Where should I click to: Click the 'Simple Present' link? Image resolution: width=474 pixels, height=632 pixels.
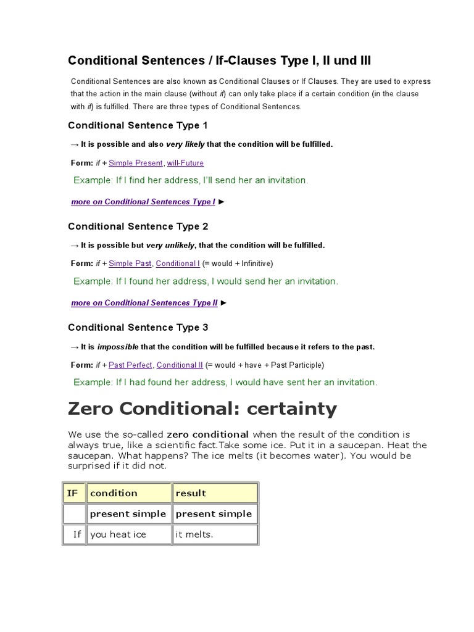click(136, 163)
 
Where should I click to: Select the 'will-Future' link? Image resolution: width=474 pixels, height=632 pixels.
click(185, 163)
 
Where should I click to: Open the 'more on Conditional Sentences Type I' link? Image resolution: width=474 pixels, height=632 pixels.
click(143, 202)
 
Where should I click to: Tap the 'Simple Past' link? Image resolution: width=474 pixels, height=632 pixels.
click(130, 264)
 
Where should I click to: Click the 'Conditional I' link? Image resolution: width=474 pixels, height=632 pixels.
click(178, 264)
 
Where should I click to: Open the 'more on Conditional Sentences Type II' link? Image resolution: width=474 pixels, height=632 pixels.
click(144, 303)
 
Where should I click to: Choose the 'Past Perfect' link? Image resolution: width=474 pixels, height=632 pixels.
click(130, 365)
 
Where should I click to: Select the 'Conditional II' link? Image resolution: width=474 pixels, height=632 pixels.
click(180, 365)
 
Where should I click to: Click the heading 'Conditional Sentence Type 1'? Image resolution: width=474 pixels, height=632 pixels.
click(138, 126)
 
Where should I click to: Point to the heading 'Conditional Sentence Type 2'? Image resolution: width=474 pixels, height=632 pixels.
click(138, 227)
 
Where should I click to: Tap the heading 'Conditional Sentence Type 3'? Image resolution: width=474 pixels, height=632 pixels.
click(138, 328)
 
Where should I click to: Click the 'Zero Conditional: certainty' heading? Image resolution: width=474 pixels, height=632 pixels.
click(202, 409)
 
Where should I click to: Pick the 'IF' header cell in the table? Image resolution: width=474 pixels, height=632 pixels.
click(73, 493)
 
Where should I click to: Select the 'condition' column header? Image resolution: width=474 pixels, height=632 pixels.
click(114, 493)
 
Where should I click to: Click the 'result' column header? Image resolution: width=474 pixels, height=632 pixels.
click(191, 493)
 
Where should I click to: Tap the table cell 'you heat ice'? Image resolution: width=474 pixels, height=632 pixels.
click(118, 534)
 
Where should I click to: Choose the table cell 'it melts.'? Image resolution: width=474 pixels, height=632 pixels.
click(194, 534)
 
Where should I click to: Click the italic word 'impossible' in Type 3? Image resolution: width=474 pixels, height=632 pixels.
click(118, 347)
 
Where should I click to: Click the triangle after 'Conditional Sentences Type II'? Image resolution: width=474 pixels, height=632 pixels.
click(223, 303)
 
